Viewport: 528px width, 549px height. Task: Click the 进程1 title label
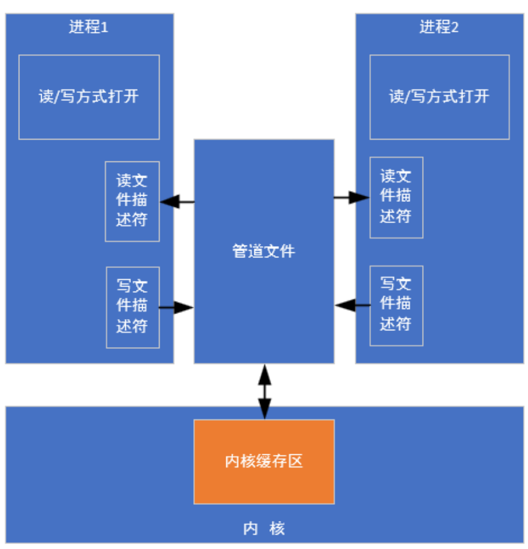(x=89, y=28)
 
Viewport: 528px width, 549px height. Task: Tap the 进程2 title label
(x=439, y=28)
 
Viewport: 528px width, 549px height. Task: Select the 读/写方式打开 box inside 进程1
(x=89, y=97)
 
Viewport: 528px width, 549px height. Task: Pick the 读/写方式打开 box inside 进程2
(x=439, y=97)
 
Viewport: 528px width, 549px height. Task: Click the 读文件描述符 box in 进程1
(x=132, y=201)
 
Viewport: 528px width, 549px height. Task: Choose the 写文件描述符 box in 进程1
(x=132, y=307)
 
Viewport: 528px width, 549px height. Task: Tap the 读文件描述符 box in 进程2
(x=396, y=197)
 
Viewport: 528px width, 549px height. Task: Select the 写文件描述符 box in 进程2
(x=396, y=305)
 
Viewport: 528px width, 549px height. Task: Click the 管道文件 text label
(x=264, y=251)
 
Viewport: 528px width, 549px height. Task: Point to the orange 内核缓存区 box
(x=264, y=461)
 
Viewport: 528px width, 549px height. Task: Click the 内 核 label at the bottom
(x=264, y=529)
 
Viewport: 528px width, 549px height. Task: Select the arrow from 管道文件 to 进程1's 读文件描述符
(x=177, y=201)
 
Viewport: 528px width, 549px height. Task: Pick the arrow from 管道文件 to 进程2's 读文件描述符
(x=352, y=198)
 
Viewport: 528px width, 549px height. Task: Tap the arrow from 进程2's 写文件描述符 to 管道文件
(x=352, y=305)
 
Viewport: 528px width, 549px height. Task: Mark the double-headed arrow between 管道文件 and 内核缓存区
(x=264, y=391)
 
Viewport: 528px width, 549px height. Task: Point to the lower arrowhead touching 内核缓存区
(x=264, y=411)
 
